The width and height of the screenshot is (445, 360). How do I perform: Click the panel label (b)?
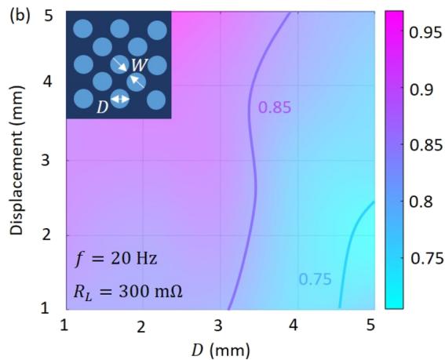click(x=20, y=17)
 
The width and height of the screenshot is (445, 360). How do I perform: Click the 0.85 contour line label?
click(x=275, y=107)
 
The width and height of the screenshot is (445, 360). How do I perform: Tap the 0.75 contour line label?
click(x=315, y=279)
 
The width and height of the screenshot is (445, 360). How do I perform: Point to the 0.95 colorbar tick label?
click(x=425, y=33)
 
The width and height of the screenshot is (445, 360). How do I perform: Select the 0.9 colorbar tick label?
click(x=421, y=89)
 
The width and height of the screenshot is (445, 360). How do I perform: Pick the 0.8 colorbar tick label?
click(x=421, y=202)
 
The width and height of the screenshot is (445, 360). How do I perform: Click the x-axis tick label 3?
click(x=217, y=325)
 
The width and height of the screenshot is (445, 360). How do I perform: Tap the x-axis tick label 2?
click(x=141, y=327)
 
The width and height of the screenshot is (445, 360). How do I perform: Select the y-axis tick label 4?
click(x=47, y=82)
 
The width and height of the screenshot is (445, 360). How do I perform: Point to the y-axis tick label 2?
click(x=47, y=235)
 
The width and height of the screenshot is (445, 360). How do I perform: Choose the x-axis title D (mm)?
click(x=221, y=351)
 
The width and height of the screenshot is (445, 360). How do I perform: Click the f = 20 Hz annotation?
click(x=116, y=259)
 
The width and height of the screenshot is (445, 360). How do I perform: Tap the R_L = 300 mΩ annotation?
click(x=128, y=292)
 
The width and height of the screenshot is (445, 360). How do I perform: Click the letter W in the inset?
click(x=140, y=65)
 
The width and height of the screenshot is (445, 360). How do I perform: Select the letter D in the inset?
click(x=103, y=107)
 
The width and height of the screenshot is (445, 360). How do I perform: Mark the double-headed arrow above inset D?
click(x=120, y=99)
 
